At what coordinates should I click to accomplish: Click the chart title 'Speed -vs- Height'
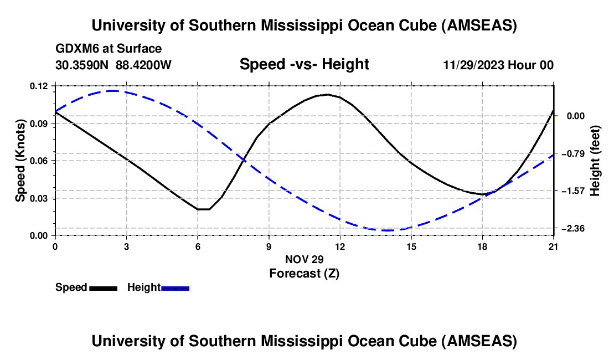coord(304,65)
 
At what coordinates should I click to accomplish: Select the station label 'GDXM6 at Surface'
coord(109,49)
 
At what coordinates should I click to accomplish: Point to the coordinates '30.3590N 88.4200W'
coord(113,65)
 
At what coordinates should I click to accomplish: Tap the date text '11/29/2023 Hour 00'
coord(498,65)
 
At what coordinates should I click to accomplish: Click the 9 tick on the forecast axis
coord(269,246)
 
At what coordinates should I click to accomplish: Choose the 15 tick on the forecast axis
coord(411,246)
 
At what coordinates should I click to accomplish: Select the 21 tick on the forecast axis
coord(554,246)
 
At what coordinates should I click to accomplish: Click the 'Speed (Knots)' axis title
coord(20,161)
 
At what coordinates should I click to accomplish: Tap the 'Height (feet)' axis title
coord(596,161)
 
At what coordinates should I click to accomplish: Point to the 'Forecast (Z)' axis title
coord(304,273)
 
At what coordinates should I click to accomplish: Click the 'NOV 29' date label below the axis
coord(304,259)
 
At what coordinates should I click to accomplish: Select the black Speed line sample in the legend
coord(103,288)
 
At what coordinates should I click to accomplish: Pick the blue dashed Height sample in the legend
coord(176,288)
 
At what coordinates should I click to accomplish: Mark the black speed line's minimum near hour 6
coord(203,209)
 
